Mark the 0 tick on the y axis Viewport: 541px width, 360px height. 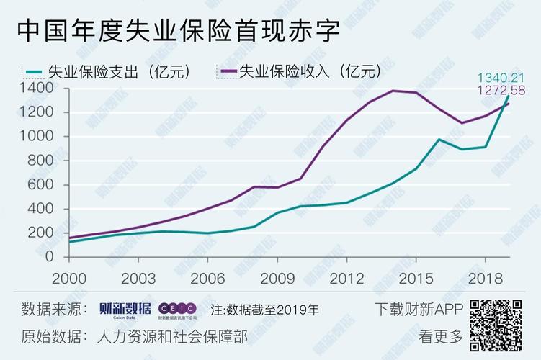click(55, 257)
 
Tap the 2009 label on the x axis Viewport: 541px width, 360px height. click(277, 278)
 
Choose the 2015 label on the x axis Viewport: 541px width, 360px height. click(416, 278)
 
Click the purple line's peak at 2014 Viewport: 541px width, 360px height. click(393, 91)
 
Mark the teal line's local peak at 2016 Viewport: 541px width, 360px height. click(439, 139)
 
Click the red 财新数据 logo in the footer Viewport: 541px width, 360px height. click(125, 310)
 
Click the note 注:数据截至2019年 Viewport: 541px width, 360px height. click(264, 310)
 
